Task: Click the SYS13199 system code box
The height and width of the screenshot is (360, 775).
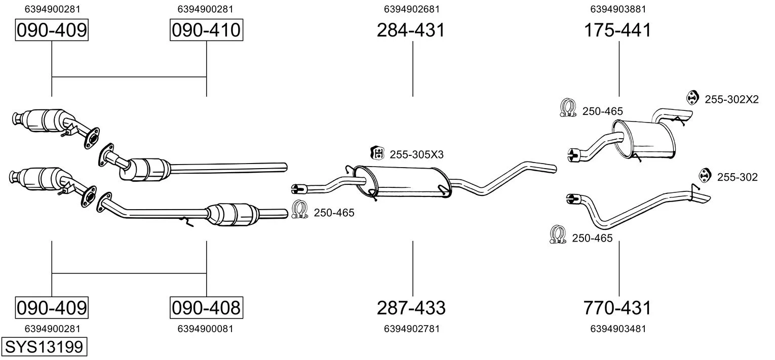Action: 44,346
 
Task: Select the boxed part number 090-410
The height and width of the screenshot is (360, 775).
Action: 206,30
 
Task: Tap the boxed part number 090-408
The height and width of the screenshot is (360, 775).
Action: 206,308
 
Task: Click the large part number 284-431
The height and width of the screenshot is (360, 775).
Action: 411,30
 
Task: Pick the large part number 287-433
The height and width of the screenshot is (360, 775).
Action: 411,308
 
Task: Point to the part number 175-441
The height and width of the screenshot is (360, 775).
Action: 617,30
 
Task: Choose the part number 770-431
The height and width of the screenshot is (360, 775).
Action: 617,308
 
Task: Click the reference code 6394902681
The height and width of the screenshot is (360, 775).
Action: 412,9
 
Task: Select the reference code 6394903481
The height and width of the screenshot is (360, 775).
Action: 618,329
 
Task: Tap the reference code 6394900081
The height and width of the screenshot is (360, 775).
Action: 206,329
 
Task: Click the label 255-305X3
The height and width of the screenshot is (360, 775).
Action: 416,154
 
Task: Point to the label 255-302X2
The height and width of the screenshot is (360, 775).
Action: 732,100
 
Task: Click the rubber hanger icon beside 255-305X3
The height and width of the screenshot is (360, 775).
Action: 377,153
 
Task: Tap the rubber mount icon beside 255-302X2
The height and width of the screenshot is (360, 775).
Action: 692,98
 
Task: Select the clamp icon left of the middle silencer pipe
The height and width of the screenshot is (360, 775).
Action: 300,210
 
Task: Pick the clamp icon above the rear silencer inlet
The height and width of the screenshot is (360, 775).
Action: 568,107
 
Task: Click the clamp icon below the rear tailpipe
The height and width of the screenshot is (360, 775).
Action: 558,234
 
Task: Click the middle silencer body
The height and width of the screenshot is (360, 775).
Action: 403,182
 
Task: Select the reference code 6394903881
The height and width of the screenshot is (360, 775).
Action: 618,9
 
